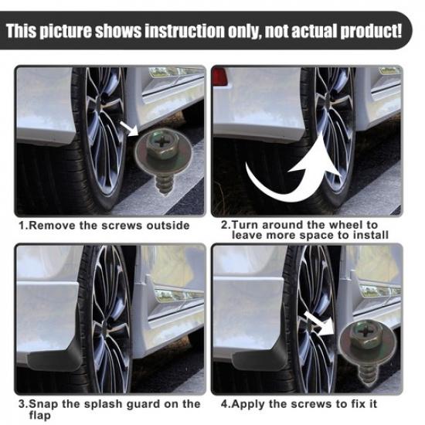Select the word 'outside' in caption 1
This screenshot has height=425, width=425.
(166, 226)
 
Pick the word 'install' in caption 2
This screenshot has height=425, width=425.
(369, 235)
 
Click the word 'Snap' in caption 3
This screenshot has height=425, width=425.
(44, 404)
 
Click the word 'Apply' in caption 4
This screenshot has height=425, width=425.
(251, 404)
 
